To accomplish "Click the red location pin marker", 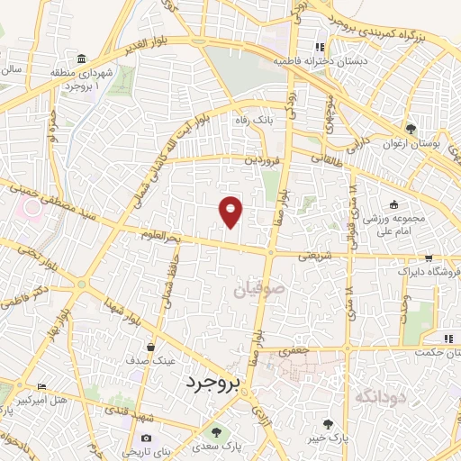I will pyautogui.click(x=231, y=211).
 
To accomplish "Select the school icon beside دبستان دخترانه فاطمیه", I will pyautogui.click(x=318, y=48).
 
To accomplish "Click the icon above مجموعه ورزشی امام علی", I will pyautogui.click(x=392, y=205).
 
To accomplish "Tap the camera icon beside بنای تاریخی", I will pyautogui.click(x=148, y=438).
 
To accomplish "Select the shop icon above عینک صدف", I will pyautogui.click(x=152, y=345).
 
